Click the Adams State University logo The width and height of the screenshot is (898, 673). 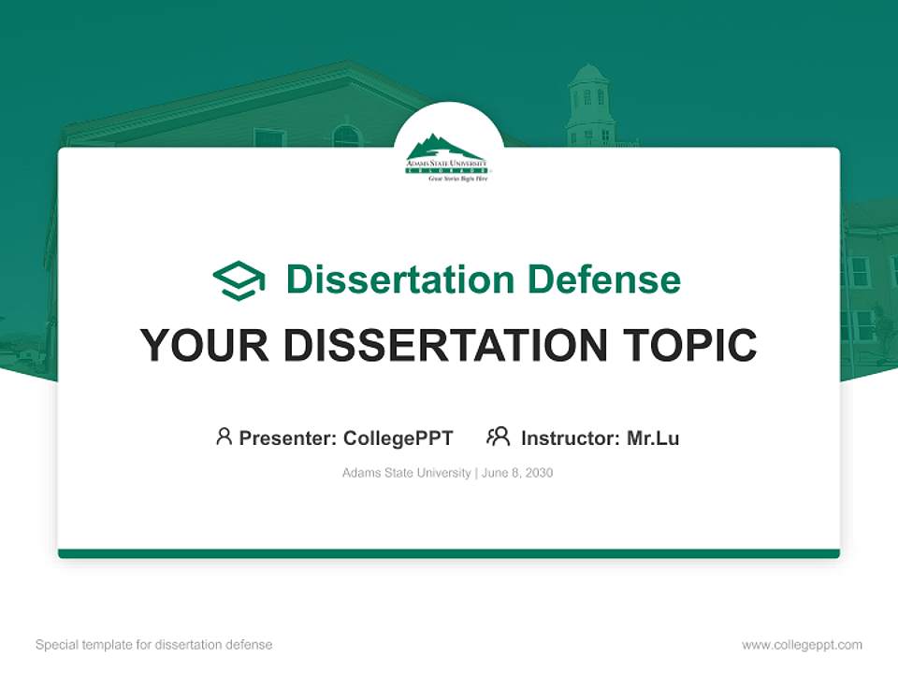coord(447,156)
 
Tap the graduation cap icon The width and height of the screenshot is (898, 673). coord(239,279)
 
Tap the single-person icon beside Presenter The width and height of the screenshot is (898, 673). coord(224,437)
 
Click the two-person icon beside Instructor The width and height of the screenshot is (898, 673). coord(498,437)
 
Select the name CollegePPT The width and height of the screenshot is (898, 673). coord(398,437)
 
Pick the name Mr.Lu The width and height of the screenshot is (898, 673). coord(653,437)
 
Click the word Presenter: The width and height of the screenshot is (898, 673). coord(288,437)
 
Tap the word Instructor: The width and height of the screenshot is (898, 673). coord(571,437)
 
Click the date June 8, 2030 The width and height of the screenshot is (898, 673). coord(518,473)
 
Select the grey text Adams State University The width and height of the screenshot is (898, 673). coord(406,473)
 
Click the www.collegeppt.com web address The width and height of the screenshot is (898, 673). coord(802,645)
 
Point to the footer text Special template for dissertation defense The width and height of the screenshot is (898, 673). coord(154,645)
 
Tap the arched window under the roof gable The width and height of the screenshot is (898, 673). coord(345,136)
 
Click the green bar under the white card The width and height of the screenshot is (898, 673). coord(449,553)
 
